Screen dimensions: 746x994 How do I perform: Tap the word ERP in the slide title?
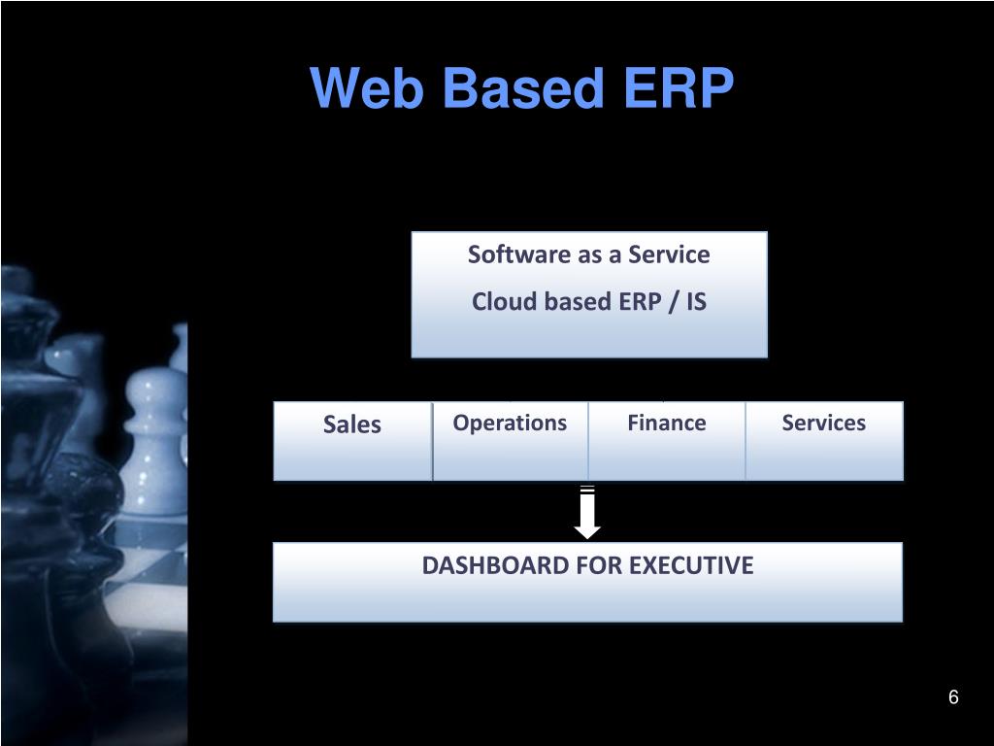[679, 89]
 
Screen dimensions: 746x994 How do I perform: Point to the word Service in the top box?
[669, 254]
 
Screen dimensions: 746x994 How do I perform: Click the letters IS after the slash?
[696, 302]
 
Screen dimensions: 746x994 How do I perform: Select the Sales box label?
[351, 424]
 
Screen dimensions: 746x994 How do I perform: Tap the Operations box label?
[510, 423]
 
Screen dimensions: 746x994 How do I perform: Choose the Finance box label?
[667, 423]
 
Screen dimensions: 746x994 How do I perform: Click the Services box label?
[824, 423]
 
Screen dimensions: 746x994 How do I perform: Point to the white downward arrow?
[587, 513]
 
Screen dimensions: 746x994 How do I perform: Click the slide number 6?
[953, 697]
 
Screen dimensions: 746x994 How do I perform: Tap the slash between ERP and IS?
[671, 302]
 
